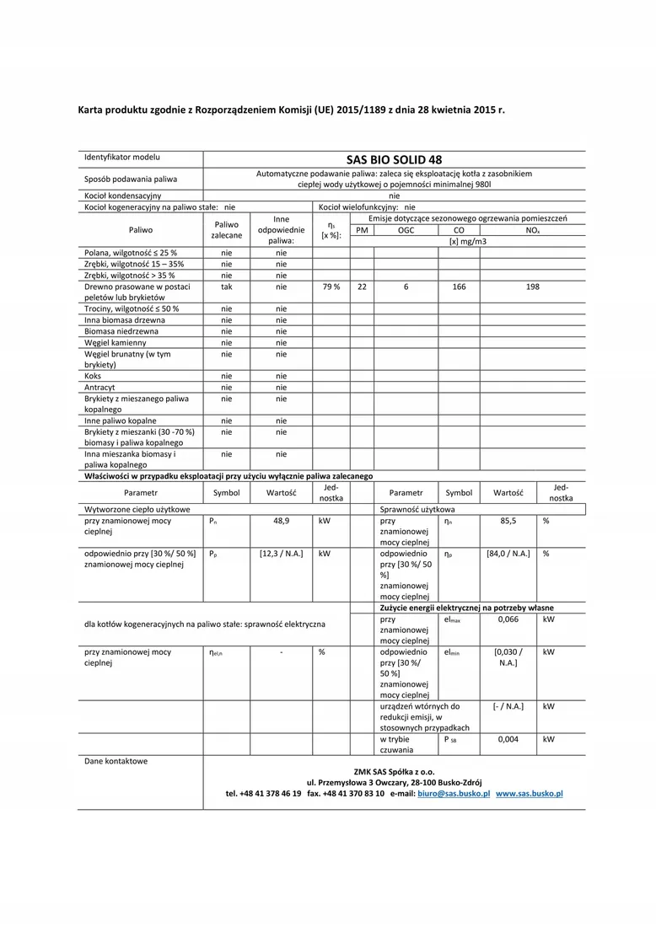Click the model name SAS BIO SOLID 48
[x=394, y=159]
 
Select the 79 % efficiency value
[x=331, y=287]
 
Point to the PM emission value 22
[x=362, y=287]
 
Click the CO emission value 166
[x=459, y=287]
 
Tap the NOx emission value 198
[x=532, y=287]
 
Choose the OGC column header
[x=406, y=229]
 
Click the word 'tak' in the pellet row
[x=227, y=287]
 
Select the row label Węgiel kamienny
[x=116, y=342]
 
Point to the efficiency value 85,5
[x=508, y=521]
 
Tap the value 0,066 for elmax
[x=508, y=619]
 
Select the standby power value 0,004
[x=508, y=739]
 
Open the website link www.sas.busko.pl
[x=529, y=794]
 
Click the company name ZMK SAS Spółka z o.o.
[x=394, y=771]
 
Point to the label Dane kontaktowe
[x=116, y=761]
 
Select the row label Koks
[x=93, y=376]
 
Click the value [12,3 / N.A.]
[x=282, y=554]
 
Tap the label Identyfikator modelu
[x=122, y=158]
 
